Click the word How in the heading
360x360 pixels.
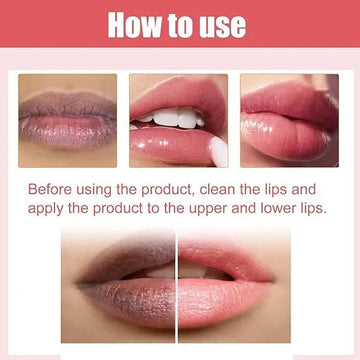click(134, 25)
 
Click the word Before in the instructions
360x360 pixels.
click(50, 189)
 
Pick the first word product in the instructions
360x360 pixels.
click(168, 190)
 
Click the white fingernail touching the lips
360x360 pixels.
click(218, 151)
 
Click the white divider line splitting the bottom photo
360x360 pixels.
click(176, 285)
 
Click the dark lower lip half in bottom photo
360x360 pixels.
click(130, 300)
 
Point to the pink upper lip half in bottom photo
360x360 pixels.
click(222, 258)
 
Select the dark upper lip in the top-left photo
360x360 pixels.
click(67, 104)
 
